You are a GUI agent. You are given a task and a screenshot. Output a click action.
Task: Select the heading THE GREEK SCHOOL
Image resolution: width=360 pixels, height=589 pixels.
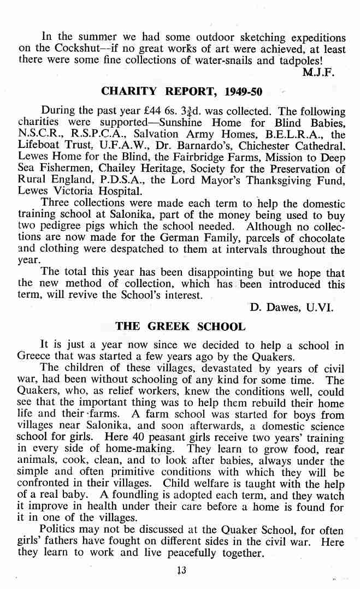coord(180,327)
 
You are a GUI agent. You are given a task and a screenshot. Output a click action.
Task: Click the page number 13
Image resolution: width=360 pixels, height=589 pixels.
coord(181,570)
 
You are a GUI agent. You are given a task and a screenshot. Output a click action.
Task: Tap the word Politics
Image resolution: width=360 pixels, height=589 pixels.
coord(62,530)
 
